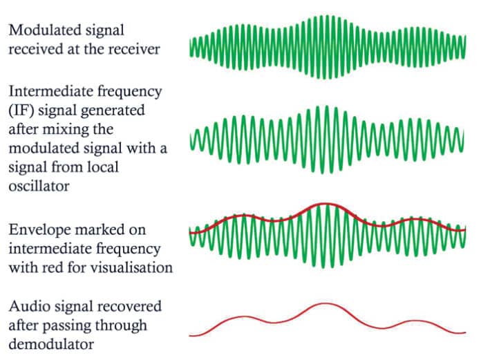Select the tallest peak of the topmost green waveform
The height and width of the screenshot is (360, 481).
coord(319,15)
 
